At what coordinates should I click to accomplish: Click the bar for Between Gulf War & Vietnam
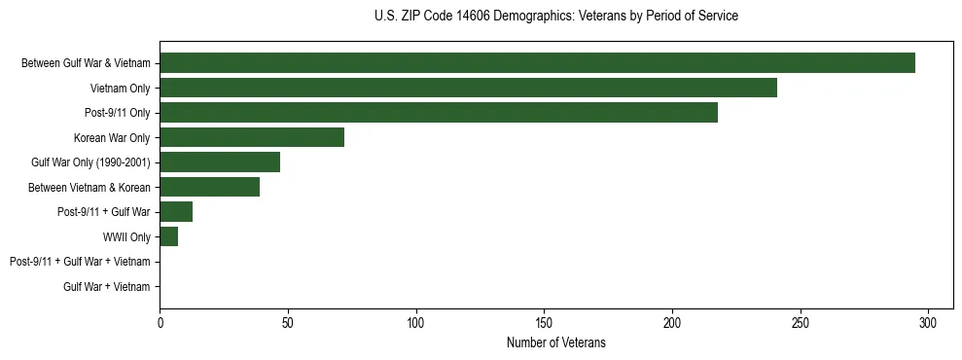(537, 63)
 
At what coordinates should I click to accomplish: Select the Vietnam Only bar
(468, 89)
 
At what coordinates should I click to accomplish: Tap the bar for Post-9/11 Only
(439, 113)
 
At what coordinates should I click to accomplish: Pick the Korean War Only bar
(252, 137)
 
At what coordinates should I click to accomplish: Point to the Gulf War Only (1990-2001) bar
(220, 162)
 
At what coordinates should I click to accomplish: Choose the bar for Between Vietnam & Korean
(209, 187)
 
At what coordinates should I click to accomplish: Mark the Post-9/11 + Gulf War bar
(176, 212)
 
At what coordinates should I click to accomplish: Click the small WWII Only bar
(169, 236)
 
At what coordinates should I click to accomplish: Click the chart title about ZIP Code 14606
(555, 17)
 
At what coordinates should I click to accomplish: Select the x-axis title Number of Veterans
(555, 342)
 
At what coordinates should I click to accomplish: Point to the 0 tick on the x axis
(160, 322)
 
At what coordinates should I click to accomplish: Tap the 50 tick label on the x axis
(288, 322)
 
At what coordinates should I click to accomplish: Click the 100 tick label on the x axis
(416, 322)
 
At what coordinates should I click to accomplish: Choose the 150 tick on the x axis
(544, 322)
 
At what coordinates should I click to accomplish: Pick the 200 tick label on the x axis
(672, 322)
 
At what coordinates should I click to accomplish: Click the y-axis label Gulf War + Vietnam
(107, 287)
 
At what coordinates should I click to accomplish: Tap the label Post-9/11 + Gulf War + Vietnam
(80, 262)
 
